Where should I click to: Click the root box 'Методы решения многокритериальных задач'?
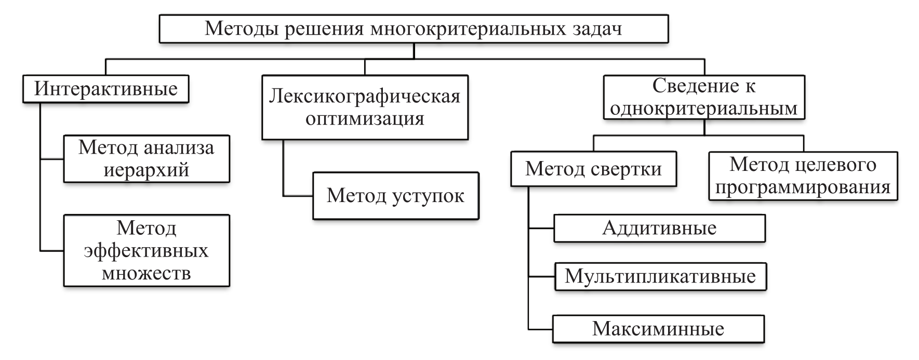coord(413,29)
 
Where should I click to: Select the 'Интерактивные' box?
coord(105,89)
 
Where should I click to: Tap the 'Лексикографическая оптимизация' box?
coord(365,107)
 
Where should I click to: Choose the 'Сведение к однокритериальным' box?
coord(704,97)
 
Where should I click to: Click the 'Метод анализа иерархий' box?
coord(146,158)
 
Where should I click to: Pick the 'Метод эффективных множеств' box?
coord(146,250)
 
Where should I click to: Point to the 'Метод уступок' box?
coord(395,195)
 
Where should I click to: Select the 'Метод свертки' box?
coord(593,168)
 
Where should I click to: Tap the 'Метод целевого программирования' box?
coord(803,176)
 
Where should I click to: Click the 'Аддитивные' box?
coord(659,228)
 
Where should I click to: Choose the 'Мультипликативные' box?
coord(660,276)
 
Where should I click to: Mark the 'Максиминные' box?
coord(658,328)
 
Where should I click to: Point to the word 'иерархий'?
coord(146,170)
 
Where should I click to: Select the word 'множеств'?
coord(146,273)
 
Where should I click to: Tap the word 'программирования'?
coord(803,187)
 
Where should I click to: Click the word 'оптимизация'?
coord(365,118)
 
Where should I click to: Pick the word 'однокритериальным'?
coord(704,108)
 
